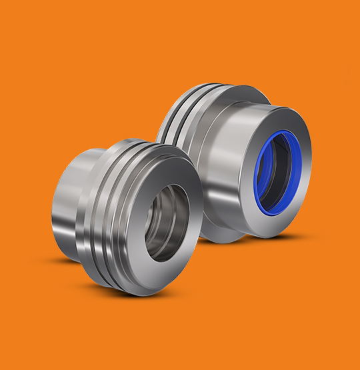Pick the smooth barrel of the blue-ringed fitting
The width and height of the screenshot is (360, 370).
point(230,167)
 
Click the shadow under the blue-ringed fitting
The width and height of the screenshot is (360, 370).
point(267,237)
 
